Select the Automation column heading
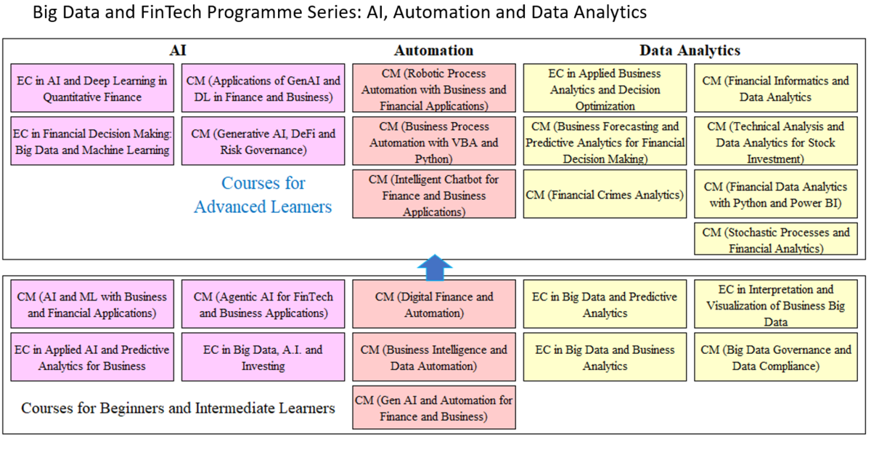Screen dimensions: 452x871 (433, 50)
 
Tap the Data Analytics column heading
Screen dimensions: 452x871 (690, 50)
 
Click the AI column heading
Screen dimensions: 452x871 (178, 50)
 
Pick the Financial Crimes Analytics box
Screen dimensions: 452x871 (605, 195)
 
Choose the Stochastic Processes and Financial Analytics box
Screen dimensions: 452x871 (775, 240)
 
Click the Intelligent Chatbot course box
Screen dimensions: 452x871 (433, 195)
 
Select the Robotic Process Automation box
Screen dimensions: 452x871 (433, 90)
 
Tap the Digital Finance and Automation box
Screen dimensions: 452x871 (433, 305)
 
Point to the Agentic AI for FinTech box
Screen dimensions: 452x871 (263, 305)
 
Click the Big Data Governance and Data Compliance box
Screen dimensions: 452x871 (775, 358)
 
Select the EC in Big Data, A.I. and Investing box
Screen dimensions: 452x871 (263, 358)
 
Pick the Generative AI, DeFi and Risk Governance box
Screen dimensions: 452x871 (263, 142)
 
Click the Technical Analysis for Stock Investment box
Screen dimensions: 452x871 (775, 142)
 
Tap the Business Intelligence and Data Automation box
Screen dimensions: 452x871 (433, 358)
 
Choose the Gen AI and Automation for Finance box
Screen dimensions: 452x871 (433, 408)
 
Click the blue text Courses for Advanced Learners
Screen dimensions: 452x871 (263, 195)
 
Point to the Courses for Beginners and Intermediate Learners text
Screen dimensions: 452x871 (178, 408)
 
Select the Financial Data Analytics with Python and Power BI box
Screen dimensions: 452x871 (775, 195)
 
